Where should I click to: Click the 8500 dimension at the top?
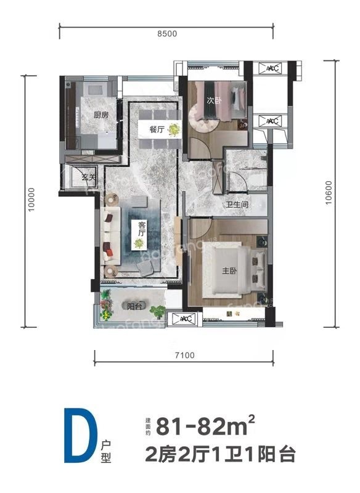click(167, 34)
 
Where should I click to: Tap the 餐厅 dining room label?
click(155, 130)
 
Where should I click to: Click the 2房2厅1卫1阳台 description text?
click(220, 455)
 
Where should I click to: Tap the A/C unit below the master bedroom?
click(184, 319)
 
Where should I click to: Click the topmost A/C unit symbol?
click(272, 68)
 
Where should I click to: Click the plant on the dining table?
click(175, 129)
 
